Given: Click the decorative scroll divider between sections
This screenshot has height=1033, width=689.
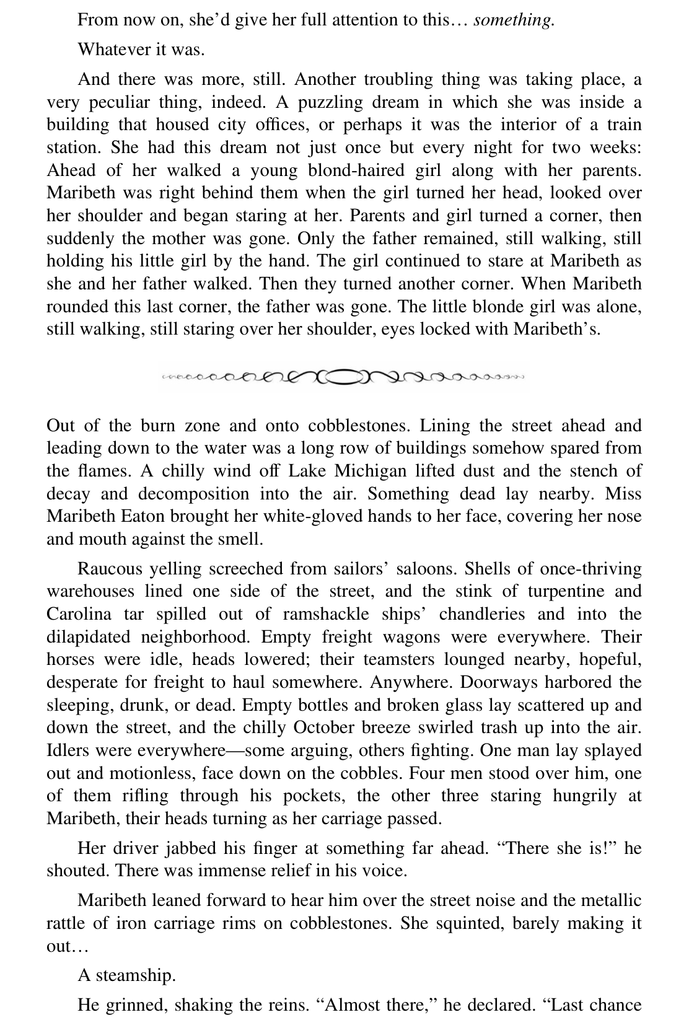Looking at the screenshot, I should (344, 376).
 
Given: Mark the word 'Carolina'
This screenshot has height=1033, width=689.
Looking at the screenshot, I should (80, 614).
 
